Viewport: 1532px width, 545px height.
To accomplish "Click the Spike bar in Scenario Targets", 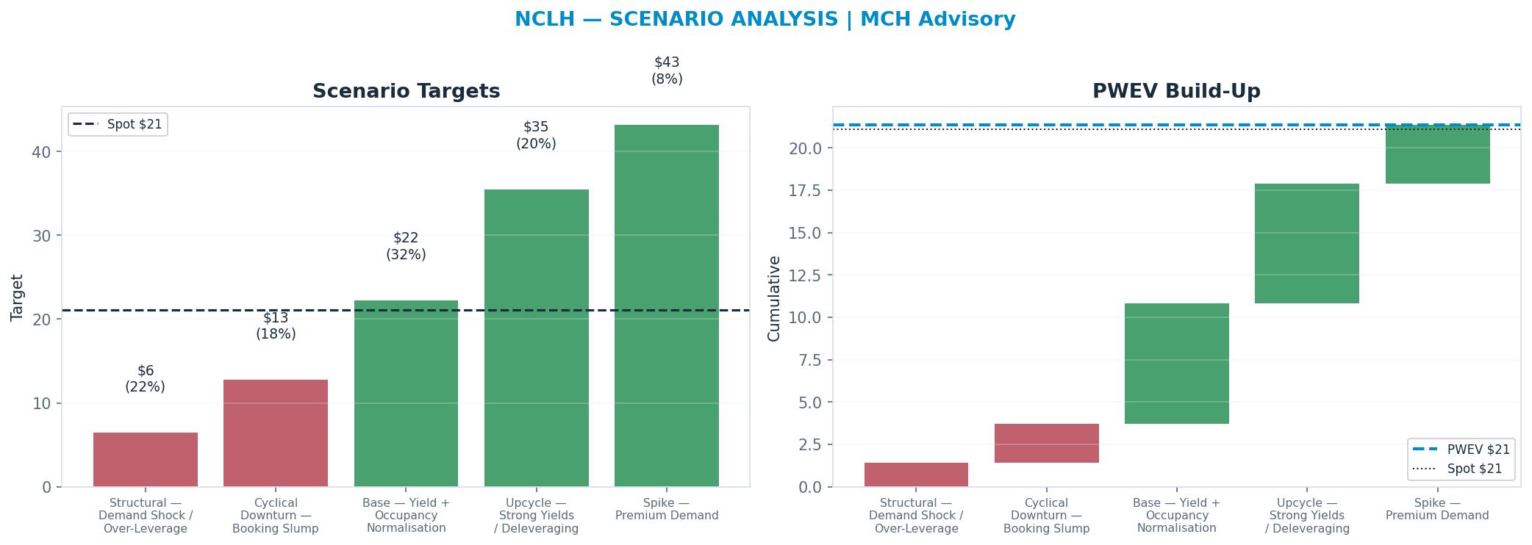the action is click(667, 306).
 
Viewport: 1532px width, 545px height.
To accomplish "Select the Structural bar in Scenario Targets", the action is click(146, 460).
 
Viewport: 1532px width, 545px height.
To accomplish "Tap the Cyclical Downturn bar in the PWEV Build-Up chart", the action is click(1046, 443).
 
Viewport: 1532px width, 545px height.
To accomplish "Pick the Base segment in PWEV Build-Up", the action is click(1176, 364).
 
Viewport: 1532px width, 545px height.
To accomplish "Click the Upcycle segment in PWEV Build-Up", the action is click(1307, 243).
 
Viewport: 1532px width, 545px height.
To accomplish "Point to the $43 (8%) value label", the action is click(667, 71).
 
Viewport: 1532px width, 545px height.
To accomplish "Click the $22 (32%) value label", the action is click(406, 246).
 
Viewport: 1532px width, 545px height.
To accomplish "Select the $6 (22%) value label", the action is click(146, 379).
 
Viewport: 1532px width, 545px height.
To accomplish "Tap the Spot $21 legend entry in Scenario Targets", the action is click(118, 124).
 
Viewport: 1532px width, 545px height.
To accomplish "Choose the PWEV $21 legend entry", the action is click(1461, 450).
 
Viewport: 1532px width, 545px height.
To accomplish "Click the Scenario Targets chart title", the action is click(407, 91).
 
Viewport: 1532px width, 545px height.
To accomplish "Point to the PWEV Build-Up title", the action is click(1176, 91).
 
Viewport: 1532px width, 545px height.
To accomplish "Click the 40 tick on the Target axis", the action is click(42, 152).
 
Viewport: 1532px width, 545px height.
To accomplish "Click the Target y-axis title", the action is click(18, 297).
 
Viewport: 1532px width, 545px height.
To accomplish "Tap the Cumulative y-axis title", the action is click(774, 298).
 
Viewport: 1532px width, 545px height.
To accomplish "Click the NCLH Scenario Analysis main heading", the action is click(765, 19).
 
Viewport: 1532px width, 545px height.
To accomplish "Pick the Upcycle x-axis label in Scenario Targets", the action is click(537, 516).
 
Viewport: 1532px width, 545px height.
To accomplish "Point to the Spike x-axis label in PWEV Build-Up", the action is click(1437, 510).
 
